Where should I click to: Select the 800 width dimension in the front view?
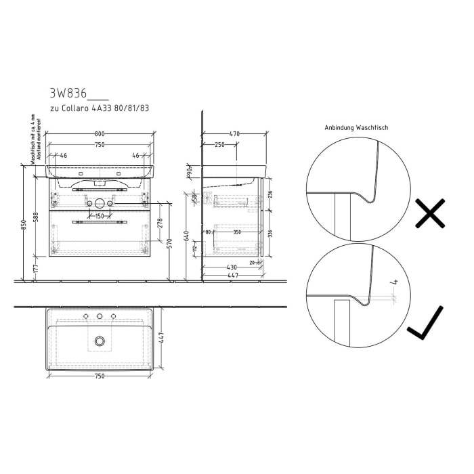pos(100,134)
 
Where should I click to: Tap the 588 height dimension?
pos(36,216)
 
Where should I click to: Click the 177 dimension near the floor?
pos(36,269)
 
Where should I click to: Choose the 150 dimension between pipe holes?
pos(100,216)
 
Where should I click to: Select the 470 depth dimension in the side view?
pos(234,134)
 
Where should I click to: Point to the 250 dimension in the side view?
pos(219,144)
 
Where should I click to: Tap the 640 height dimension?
pos(186,236)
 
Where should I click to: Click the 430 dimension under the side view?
pos(232,266)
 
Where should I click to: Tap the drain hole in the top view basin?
pos(100,342)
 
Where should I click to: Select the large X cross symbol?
pos(429,213)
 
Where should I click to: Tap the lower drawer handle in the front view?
pos(100,221)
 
